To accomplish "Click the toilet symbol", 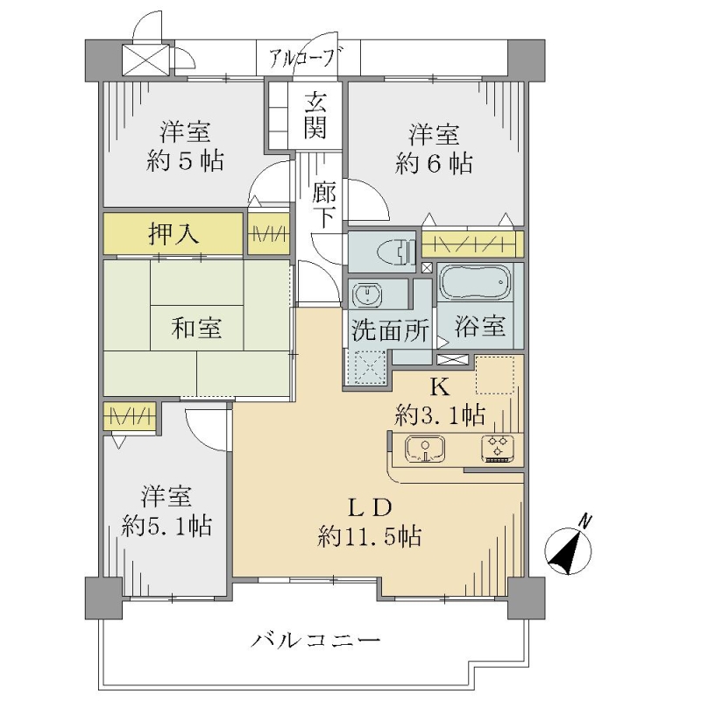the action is coord(397,251).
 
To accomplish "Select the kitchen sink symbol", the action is coord(425,449).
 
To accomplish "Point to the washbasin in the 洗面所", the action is coord(367,295).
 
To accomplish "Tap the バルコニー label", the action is coord(315,641).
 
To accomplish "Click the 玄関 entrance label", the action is coord(315,116).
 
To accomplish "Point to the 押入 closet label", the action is coord(173,234).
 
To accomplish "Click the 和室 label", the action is coord(196,328).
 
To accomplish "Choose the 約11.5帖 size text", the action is coord(369,535).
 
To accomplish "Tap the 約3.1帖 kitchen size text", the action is coord(440,414).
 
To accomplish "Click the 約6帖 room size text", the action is coord(434,163).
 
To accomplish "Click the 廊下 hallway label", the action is coord(324,205).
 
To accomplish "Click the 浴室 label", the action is coord(480,326).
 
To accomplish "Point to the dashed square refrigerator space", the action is coord(495,375).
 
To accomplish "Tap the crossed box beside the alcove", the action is coord(145,60).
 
